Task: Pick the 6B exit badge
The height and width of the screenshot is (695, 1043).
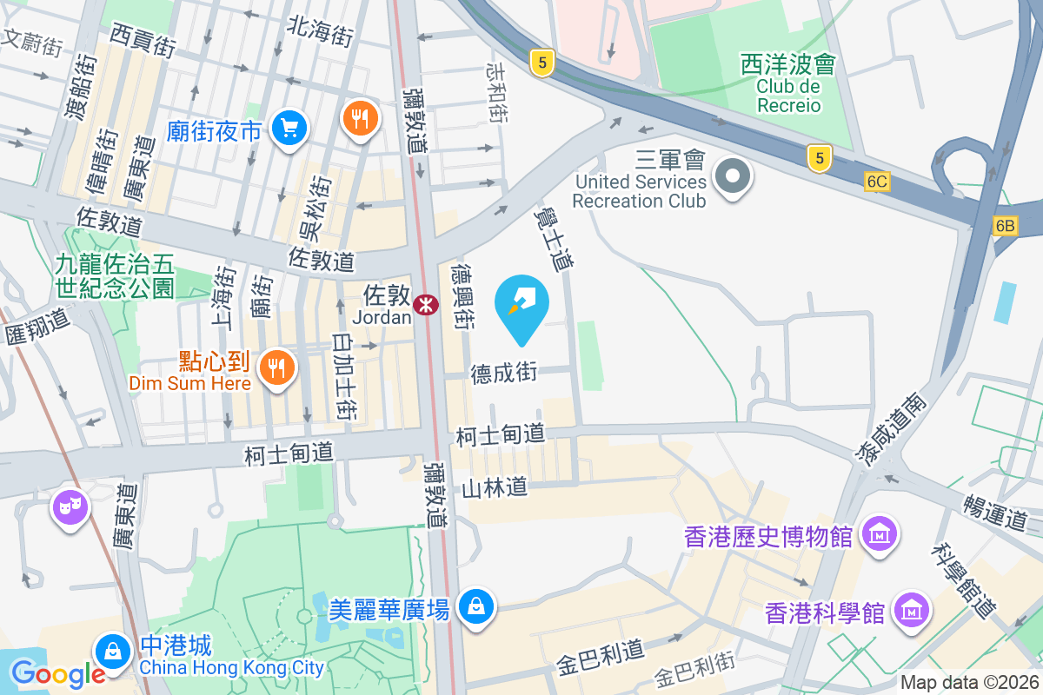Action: pos(1005,226)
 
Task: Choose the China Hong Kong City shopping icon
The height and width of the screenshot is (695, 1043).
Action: pos(112,649)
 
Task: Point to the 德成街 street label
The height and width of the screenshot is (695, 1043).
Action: pos(504,374)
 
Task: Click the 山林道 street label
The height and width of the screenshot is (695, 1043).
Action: pos(495,487)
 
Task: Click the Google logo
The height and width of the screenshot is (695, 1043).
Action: pos(58,673)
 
